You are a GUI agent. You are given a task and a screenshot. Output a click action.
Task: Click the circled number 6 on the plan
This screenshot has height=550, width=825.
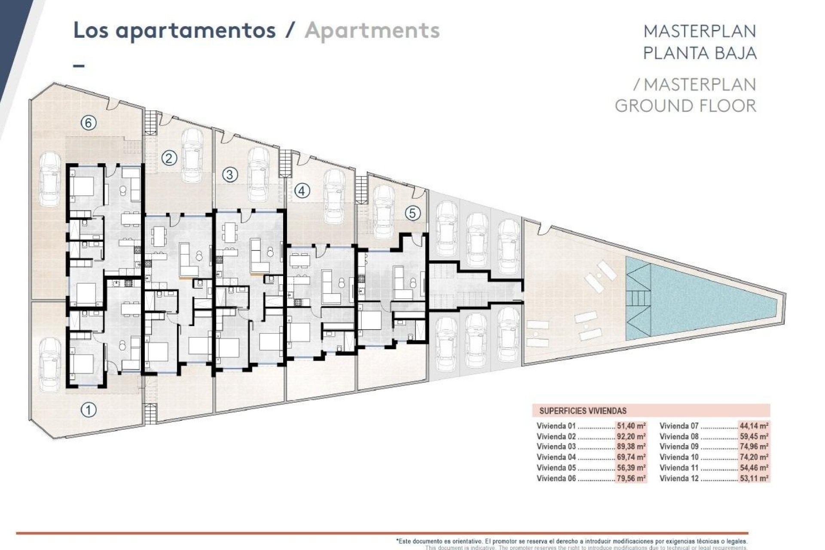tap(88, 123)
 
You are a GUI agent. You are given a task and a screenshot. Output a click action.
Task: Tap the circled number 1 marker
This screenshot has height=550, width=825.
tap(89, 409)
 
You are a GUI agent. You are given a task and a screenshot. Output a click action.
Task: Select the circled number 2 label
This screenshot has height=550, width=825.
tap(169, 159)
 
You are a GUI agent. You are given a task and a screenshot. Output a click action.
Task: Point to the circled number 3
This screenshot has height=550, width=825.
tap(230, 174)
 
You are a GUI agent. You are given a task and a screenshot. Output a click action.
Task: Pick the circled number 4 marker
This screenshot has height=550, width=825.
tap(302, 190)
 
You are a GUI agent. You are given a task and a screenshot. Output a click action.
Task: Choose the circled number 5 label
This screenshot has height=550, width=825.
tap(412, 213)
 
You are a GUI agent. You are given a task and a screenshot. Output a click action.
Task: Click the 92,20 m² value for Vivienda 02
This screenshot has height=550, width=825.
tap(631, 437)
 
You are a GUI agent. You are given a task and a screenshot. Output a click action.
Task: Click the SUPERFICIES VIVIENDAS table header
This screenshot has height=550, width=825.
tap(583, 411)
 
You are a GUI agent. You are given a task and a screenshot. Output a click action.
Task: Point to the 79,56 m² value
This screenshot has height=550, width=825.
tap(631, 478)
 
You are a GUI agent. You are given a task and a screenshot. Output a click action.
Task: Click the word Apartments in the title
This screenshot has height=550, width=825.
tap(372, 31)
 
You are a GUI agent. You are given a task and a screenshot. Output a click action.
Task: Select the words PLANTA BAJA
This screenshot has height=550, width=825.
tap(699, 53)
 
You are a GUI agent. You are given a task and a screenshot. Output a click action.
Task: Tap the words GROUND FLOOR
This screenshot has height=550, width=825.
tap(685, 106)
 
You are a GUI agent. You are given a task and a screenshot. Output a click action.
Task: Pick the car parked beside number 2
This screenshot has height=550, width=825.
tap(192, 156)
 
